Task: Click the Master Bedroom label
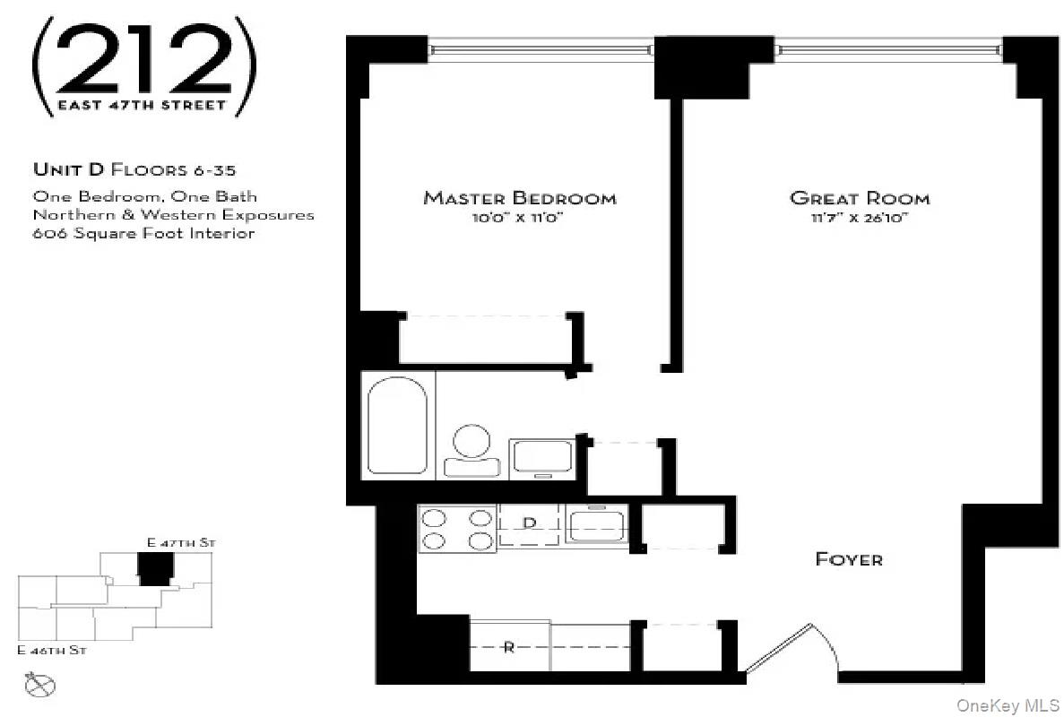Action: (x=519, y=198)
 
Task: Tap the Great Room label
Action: (x=859, y=198)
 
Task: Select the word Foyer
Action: (x=848, y=559)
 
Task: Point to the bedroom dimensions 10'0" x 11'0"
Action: (x=519, y=218)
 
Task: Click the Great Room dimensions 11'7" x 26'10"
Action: (x=859, y=218)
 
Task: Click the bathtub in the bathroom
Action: (x=398, y=424)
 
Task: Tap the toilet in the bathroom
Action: (x=471, y=449)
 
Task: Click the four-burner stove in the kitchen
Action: (x=457, y=528)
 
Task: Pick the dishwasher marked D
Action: (x=530, y=524)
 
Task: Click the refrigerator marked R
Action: (x=509, y=647)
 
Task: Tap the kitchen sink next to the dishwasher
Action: (x=596, y=524)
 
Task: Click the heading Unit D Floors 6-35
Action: (x=134, y=169)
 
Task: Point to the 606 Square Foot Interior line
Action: (x=143, y=233)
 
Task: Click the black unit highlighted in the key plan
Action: (x=155, y=568)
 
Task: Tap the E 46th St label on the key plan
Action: (x=52, y=650)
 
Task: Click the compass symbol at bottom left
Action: (x=41, y=686)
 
